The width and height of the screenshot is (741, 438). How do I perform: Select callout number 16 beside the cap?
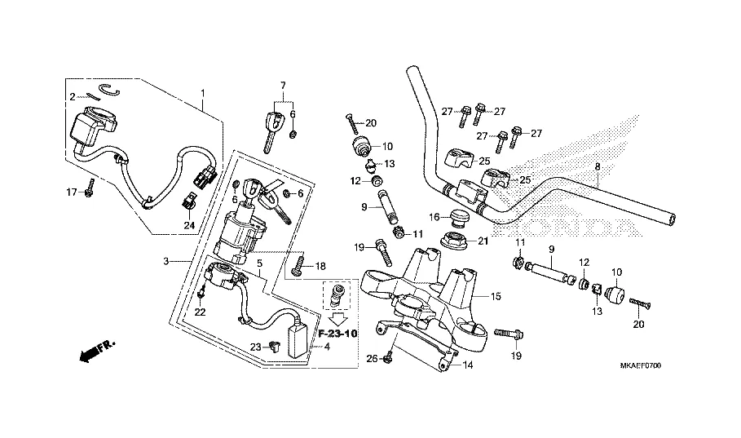coord(435,216)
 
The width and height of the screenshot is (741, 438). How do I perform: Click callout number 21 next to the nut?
coord(483,241)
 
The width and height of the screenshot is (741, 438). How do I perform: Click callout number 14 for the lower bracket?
coord(468,365)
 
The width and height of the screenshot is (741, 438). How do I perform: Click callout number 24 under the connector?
coord(189,225)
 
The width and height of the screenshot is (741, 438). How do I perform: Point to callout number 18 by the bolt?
coord(320,266)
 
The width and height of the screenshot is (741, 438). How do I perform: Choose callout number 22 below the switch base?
coord(201,312)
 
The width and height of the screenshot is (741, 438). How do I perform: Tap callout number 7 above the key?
coord(283,86)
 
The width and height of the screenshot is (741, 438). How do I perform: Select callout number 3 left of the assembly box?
coord(166,261)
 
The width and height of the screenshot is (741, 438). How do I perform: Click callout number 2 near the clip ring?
coord(73,96)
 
